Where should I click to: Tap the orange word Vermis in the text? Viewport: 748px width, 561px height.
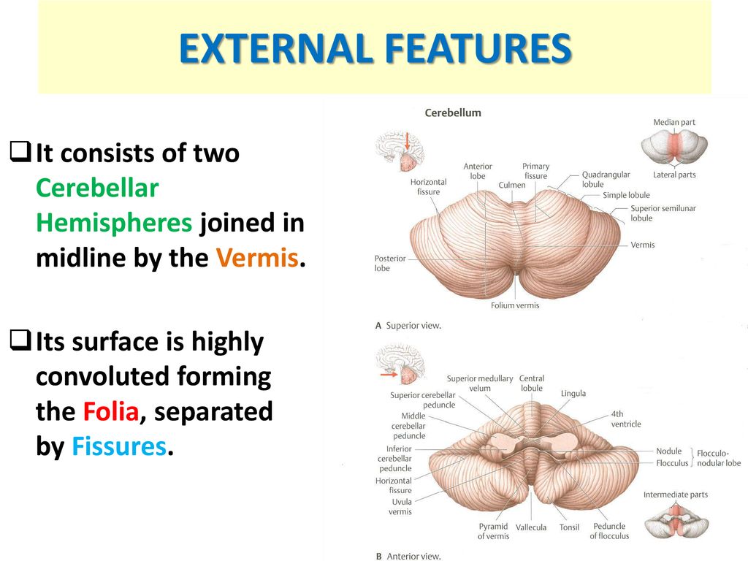pyautogui.click(x=257, y=258)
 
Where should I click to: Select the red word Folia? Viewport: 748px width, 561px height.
pyautogui.click(x=111, y=411)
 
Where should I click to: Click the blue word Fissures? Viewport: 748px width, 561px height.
pyautogui.click(x=119, y=446)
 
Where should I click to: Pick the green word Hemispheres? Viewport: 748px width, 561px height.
pyautogui.click(x=114, y=224)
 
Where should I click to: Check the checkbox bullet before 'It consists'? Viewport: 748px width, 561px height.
pyautogui.click(x=20, y=151)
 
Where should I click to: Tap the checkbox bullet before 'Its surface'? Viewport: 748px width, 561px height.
pyautogui.click(x=20, y=340)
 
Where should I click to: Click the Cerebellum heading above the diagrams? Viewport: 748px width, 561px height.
pyautogui.click(x=453, y=113)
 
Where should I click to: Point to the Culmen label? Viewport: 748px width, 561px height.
pyautogui.click(x=512, y=185)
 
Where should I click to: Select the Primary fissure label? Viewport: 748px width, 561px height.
pyautogui.click(x=535, y=171)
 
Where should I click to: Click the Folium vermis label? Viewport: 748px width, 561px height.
pyautogui.click(x=515, y=305)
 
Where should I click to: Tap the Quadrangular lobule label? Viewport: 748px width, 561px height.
pyautogui.click(x=606, y=180)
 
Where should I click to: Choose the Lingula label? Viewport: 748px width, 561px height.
pyautogui.click(x=573, y=394)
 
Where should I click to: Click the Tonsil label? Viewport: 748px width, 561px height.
pyautogui.click(x=569, y=527)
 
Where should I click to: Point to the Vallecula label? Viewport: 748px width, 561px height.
pyautogui.click(x=531, y=527)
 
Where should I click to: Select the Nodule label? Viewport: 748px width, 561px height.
pyautogui.click(x=668, y=451)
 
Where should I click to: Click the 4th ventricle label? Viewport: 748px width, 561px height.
pyautogui.click(x=626, y=419)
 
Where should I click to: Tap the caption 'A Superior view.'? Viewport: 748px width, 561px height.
pyautogui.click(x=408, y=326)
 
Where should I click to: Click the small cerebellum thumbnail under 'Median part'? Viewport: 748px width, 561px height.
pyautogui.click(x=674, y=146)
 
